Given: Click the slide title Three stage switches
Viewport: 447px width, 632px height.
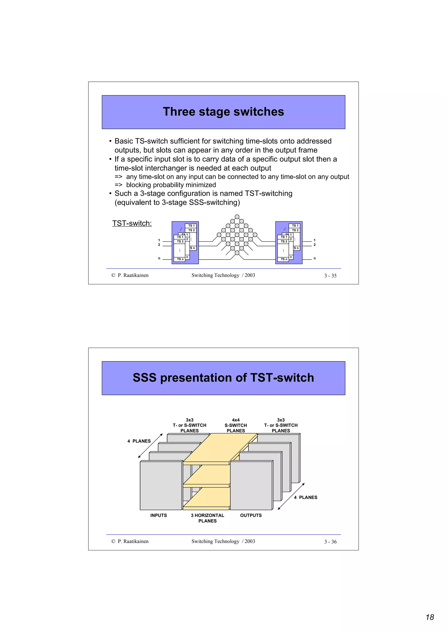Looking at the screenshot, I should (x=223, y=112).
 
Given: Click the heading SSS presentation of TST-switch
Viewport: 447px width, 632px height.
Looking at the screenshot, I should (x=223, y=378).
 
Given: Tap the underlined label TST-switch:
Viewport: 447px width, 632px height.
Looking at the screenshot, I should (x=132, y=223).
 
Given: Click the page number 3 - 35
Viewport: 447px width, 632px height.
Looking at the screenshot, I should (x=330, y=275).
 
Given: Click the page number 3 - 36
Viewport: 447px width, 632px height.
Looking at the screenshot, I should (x=330, y=542).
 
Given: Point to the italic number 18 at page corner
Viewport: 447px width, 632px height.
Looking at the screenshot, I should (x=430, y=617).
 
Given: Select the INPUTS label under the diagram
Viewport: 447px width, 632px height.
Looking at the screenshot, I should (x=158, y=515).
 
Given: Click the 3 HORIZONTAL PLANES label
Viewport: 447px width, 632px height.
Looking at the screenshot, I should (x=207, y=518).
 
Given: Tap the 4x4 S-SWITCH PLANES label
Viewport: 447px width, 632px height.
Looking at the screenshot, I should (x=236, y=425).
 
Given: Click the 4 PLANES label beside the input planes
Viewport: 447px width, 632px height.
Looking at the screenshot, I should (x=139, y=441).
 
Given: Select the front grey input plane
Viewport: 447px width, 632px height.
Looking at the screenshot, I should (x=161, y=486).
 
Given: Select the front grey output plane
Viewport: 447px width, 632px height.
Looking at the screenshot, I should (x=251, y=486).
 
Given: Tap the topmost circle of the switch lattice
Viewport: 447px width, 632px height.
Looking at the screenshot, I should (x=237, y=217).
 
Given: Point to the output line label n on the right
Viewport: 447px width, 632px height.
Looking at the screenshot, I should (x=315, y=258).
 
